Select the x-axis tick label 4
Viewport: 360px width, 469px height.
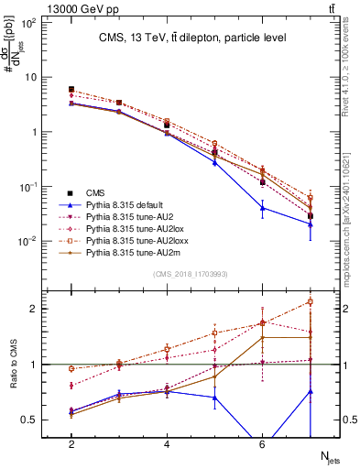click(x=167, y=444)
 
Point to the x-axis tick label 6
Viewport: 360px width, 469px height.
click(x=262, y=444)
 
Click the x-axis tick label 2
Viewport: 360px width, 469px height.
click(x=71, y=444)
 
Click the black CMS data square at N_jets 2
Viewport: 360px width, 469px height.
click(x=71, y=89)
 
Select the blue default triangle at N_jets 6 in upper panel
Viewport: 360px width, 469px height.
click(x=262, y=208)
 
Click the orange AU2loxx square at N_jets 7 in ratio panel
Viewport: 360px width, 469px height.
click(x=310, y=301)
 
